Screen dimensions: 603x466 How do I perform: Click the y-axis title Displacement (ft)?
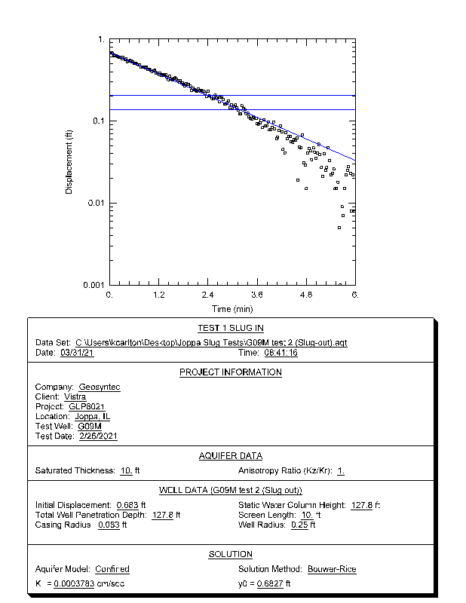coord(69,162)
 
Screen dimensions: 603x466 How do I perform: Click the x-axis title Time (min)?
coord(232,308)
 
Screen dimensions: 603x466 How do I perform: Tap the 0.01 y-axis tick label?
coord(96,204)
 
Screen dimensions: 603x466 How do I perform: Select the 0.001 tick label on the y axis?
coord(94,286)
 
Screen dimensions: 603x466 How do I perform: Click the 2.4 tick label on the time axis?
coord(208,295)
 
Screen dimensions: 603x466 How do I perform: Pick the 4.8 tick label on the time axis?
coord(306,295)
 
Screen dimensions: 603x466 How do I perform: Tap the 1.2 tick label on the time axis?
coord(159,295)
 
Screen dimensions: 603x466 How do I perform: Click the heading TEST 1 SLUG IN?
coord(231,329)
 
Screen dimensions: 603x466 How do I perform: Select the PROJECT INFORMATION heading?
coord(231,372)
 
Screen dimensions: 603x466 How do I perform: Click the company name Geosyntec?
coord(100,387)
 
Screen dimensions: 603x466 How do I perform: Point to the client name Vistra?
coord(75,397)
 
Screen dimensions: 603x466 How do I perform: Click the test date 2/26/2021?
coord(98,436)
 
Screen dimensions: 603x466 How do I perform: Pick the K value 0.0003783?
coord(74,584)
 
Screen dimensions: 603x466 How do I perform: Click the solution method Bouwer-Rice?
coord(332,569)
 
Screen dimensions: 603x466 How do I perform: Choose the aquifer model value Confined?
coord(112,569)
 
